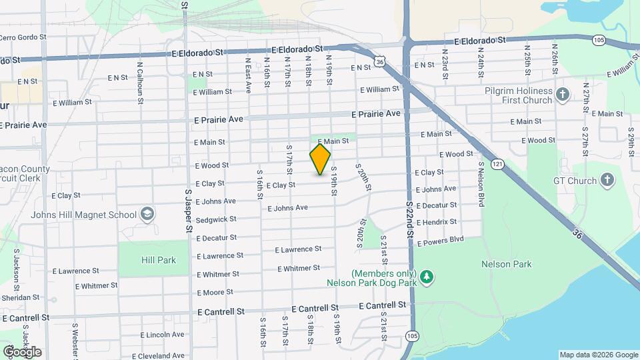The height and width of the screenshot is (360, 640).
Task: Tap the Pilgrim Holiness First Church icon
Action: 563,95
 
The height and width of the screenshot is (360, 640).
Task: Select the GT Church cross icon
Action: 607,180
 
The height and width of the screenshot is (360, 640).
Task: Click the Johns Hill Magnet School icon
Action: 147,214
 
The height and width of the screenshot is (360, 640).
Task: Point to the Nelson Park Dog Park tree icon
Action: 427,276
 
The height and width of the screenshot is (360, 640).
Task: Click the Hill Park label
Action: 159,260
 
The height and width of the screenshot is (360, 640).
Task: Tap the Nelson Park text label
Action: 507,264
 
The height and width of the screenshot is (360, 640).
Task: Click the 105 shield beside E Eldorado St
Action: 598,40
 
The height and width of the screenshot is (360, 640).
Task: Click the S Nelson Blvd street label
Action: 480,183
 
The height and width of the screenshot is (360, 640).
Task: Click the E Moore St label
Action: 215,292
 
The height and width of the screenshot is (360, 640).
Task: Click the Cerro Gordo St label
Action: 23,38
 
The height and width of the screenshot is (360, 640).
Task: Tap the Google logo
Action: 22,351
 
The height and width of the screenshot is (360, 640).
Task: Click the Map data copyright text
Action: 597,355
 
